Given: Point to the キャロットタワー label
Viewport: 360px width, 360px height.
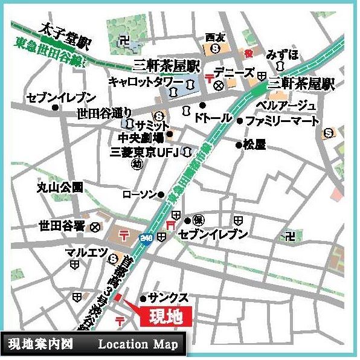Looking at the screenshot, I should tap(146, 81).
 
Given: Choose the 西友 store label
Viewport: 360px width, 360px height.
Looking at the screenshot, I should tap(214, 37).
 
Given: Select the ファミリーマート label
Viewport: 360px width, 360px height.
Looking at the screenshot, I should tap(282, 121).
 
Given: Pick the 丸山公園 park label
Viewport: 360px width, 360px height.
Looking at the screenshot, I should tap(59, 187).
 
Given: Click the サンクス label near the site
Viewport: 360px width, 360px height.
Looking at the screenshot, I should tap(169, 298).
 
